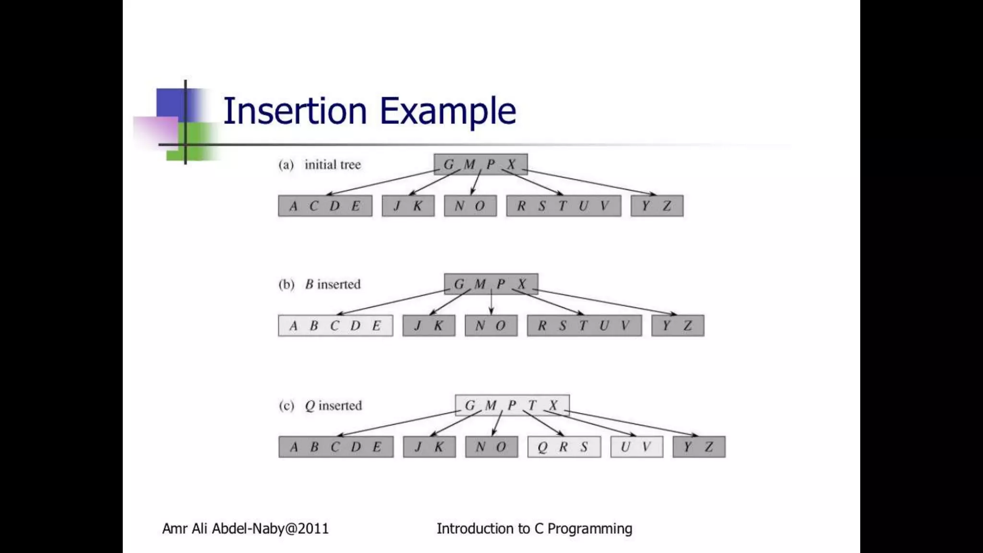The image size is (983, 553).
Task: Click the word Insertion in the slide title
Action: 295,111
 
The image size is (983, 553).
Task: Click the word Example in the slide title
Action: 448,111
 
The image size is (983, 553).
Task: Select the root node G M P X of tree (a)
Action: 480,164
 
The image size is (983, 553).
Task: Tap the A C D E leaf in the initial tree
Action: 325,206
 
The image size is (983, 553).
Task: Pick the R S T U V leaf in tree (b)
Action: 584,325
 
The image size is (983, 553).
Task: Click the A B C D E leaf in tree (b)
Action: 336,325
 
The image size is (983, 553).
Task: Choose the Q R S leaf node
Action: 564,447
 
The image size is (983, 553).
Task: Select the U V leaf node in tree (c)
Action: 636,447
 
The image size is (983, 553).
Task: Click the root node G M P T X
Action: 512,406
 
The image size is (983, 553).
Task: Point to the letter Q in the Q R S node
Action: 542,447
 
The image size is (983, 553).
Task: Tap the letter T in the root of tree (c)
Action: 532,406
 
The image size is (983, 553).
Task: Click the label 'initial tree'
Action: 333,165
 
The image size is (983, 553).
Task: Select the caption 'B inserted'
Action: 333,284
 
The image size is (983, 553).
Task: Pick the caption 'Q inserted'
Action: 333,406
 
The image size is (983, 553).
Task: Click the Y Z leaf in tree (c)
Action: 699,447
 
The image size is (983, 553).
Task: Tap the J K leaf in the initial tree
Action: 408,206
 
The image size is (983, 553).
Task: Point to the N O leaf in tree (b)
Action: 491,325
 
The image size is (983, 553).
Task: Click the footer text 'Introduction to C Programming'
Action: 534,529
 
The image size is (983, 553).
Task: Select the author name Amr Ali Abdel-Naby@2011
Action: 245,529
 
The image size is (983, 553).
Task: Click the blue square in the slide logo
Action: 171,103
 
